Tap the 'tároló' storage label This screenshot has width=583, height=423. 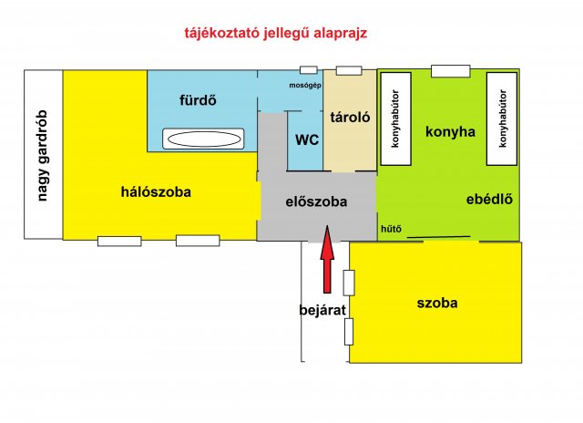coord(348,118)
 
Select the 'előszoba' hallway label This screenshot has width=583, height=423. coord(316,201)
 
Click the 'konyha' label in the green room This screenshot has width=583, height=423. coord(450,131)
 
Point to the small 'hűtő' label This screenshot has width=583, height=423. coord(391,229)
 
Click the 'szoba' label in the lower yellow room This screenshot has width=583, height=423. coord(436,303)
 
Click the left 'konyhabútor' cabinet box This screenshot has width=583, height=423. coord(394,119)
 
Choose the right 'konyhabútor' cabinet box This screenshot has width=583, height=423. coord(501,119)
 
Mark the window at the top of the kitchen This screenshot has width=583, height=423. coord(450,70)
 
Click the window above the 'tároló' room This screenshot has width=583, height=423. coord(349,70)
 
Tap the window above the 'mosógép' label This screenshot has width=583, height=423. coord(309,69)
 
